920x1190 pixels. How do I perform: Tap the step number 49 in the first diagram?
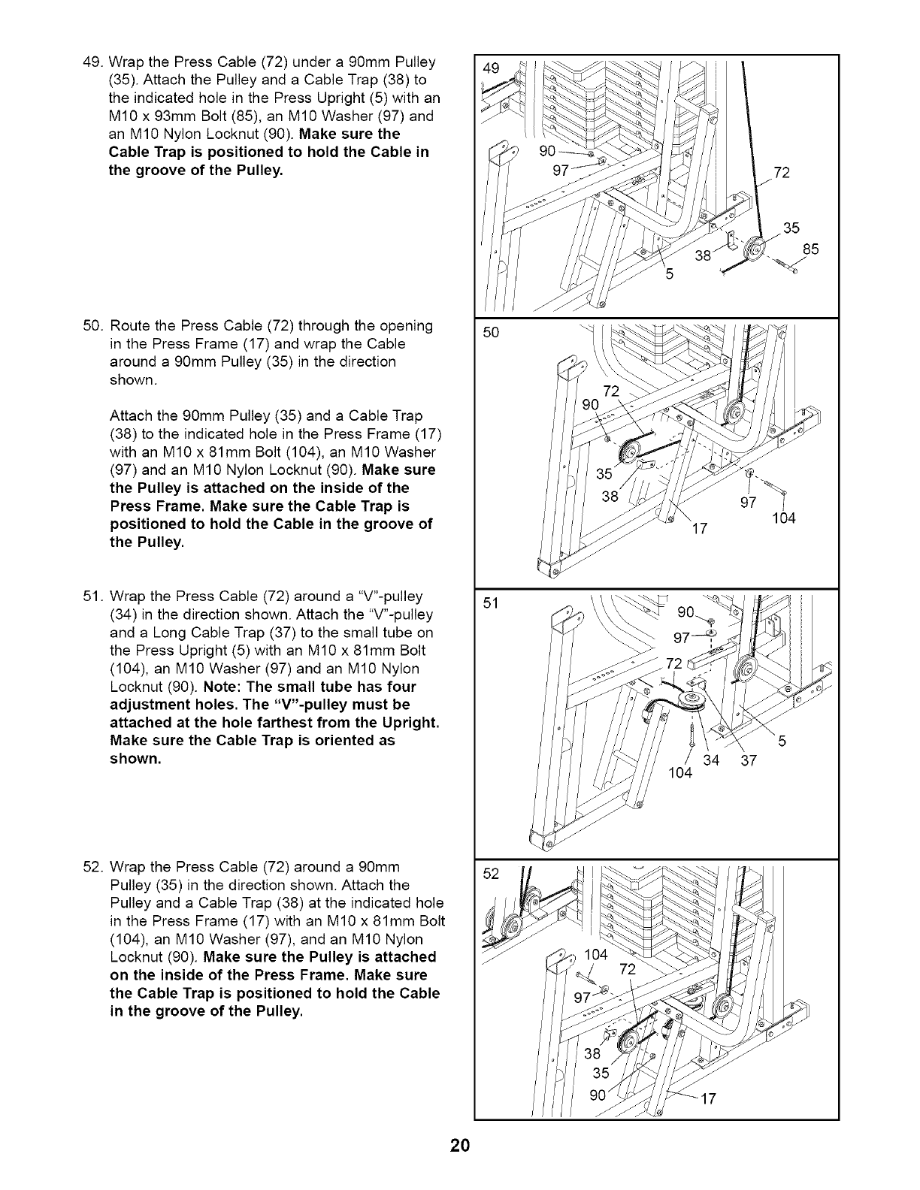tap(491, 68)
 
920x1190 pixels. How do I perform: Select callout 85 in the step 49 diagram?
tap(810, 249)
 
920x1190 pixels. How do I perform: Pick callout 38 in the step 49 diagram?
tap(703, 255)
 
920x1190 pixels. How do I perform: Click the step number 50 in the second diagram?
tap(491, 332)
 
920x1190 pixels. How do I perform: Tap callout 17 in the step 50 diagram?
tap(699, 529)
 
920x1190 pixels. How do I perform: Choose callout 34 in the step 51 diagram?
tap(710, 762)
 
